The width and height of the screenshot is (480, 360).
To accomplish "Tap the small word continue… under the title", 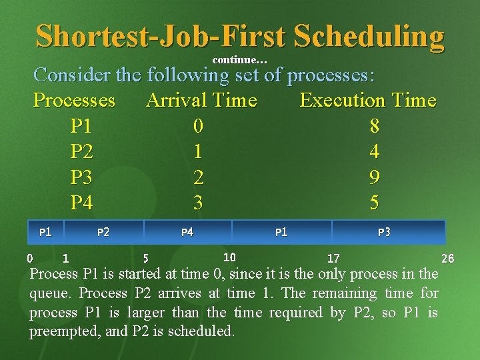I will point(240,61).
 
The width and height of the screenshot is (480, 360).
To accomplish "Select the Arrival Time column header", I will point(201,101).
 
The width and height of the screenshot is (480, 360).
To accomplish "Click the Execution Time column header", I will point(368,101).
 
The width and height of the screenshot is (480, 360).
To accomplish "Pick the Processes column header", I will point(74,101).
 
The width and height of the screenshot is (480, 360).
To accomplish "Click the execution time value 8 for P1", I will point(375,126).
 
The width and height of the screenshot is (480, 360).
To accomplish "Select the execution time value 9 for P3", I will point(375,177).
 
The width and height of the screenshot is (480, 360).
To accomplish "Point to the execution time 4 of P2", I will point(375,152).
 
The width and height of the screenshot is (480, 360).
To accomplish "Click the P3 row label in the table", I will point(81,177).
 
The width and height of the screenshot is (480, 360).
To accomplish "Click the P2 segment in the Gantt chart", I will point(103,232).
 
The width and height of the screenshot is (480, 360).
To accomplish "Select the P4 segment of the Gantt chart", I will point(187,232).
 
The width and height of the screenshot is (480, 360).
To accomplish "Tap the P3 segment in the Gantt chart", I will point(384,232).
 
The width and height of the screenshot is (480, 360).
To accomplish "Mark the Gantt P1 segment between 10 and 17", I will point(281,232).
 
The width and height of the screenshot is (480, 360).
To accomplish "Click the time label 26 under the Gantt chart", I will point(448,258).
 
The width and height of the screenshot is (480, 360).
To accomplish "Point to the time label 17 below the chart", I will point(333,258).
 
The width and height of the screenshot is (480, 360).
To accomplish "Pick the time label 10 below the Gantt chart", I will point(229,257).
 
